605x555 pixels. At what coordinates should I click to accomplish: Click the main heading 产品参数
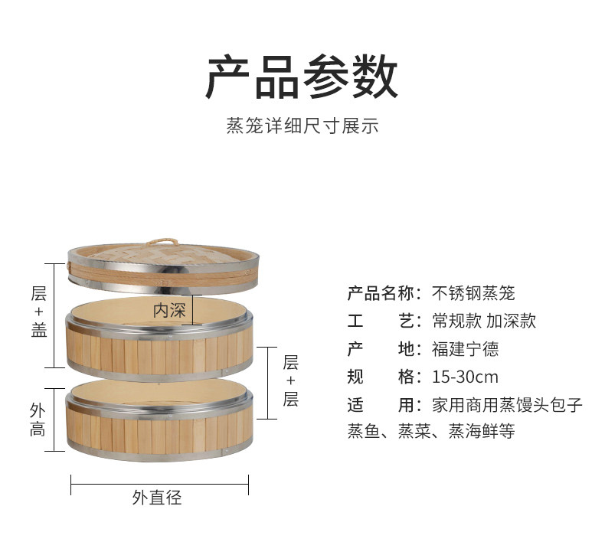pyautogui.click(x=302, y=77)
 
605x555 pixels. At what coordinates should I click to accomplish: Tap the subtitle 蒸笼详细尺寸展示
pyautogui.click(x=302, y=126)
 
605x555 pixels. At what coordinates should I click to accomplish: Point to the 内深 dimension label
pyautogui.click(x=169, y=311)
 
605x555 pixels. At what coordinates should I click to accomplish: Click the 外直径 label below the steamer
pyautogui.click(x=157, y=498)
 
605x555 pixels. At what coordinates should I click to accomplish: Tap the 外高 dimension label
pyautogui.click(x=38, y=420)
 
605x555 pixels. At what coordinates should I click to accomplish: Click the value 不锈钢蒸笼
pyautogui.click(x=473, y=292)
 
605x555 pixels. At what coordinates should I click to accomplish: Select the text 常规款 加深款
pyautogui.click(x=483, y=321)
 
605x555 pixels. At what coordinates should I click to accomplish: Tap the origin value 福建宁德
pyautogui.click(x=465, y=349)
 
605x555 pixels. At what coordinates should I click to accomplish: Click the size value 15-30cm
pyautogui.click(x=464, y=377)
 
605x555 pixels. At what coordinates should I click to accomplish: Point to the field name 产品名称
pyautogui.click(x=381, y=292)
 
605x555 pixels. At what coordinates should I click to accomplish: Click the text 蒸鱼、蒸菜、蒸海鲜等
pyautogui.click(x=430, y=433)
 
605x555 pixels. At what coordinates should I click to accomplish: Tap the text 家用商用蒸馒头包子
pyautogui.click(x=507, y=405)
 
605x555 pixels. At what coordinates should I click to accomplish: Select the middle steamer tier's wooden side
pyautogui.click(x=159, y=348)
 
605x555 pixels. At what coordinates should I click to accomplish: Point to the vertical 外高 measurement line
pyautogui.click(x=54, y=420)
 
